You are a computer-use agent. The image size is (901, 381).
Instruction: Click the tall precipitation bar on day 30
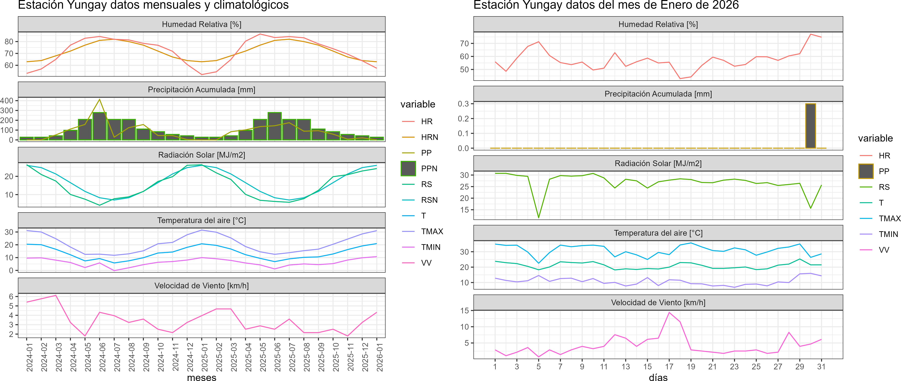click(810, 126)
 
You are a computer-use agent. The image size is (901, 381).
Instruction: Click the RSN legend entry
click(429, 200)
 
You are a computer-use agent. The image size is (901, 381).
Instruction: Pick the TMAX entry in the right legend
click(889, 218)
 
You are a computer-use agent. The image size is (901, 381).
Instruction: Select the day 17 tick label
click(669, 367)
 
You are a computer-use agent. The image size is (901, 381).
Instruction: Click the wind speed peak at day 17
click(669, 312)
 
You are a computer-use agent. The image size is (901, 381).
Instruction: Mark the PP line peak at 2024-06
click(100, 100)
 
